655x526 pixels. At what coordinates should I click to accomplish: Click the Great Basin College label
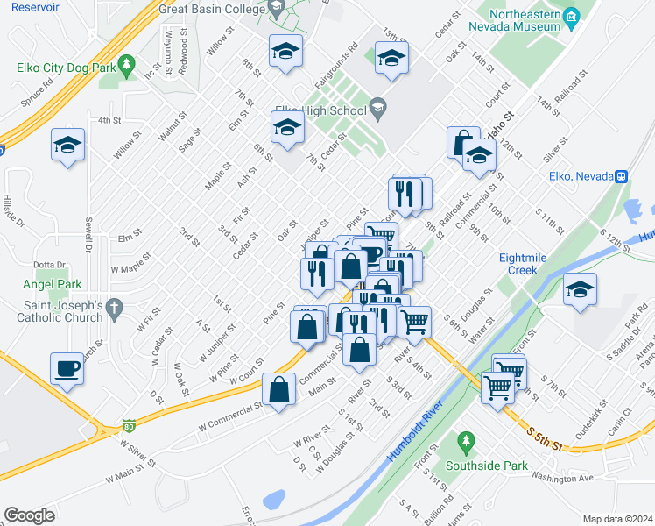210,9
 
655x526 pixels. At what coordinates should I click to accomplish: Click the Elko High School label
320,110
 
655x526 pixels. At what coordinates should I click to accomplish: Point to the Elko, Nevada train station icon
621,176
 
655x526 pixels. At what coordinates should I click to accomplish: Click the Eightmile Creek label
524,264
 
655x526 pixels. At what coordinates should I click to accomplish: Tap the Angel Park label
53,284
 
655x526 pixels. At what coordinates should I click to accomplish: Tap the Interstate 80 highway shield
129,425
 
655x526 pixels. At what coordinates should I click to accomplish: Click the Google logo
29,515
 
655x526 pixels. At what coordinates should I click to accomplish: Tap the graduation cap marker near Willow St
67,145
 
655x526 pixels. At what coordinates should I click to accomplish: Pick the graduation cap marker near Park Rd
580,288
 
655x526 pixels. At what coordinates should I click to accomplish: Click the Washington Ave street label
562,478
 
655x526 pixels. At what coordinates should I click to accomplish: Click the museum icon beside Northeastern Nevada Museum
571,17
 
